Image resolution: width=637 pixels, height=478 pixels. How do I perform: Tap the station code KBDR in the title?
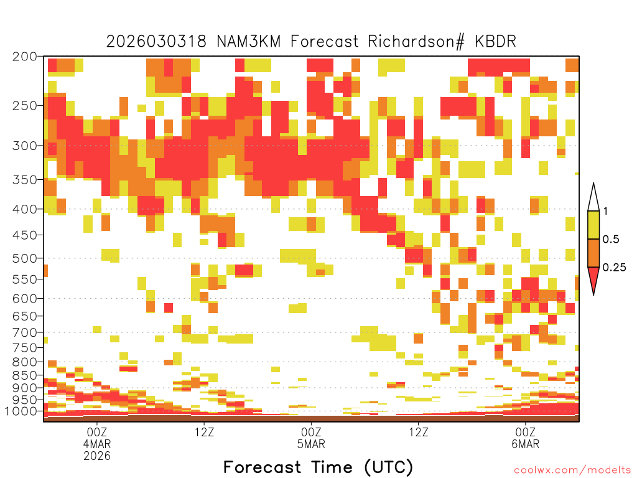tap(495, 42)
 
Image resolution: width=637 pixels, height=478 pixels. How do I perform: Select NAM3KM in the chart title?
tap(248, 42)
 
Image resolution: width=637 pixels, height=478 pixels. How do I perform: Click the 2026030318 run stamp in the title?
tap(156, 42)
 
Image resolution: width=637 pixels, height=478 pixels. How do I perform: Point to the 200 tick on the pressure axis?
tap(25, 57)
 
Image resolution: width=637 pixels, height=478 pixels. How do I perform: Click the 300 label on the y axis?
tap(25, 146)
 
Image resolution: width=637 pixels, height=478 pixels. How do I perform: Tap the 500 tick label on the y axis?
tap(25, 258)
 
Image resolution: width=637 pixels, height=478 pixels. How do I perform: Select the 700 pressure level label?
tap(25, 332)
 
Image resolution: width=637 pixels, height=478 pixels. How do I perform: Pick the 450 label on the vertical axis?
tap(25, 235)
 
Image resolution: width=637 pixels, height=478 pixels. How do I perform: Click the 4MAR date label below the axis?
tap(96, 444)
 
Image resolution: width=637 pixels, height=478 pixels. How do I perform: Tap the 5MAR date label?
tap(311, 444)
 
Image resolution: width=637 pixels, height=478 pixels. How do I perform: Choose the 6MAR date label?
tap(525, 444)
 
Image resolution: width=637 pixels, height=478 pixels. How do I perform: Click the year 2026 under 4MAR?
tap(96, 456)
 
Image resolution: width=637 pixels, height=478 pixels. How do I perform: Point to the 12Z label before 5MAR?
tap(204, 432)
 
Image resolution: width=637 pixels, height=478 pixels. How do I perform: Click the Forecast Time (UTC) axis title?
tap(318, 467)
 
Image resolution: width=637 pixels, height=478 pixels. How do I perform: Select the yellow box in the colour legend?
tap(593, 225)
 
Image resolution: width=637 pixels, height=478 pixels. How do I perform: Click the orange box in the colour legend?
tap(593, 253)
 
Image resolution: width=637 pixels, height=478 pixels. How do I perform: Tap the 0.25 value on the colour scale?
tap(614, 268)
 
